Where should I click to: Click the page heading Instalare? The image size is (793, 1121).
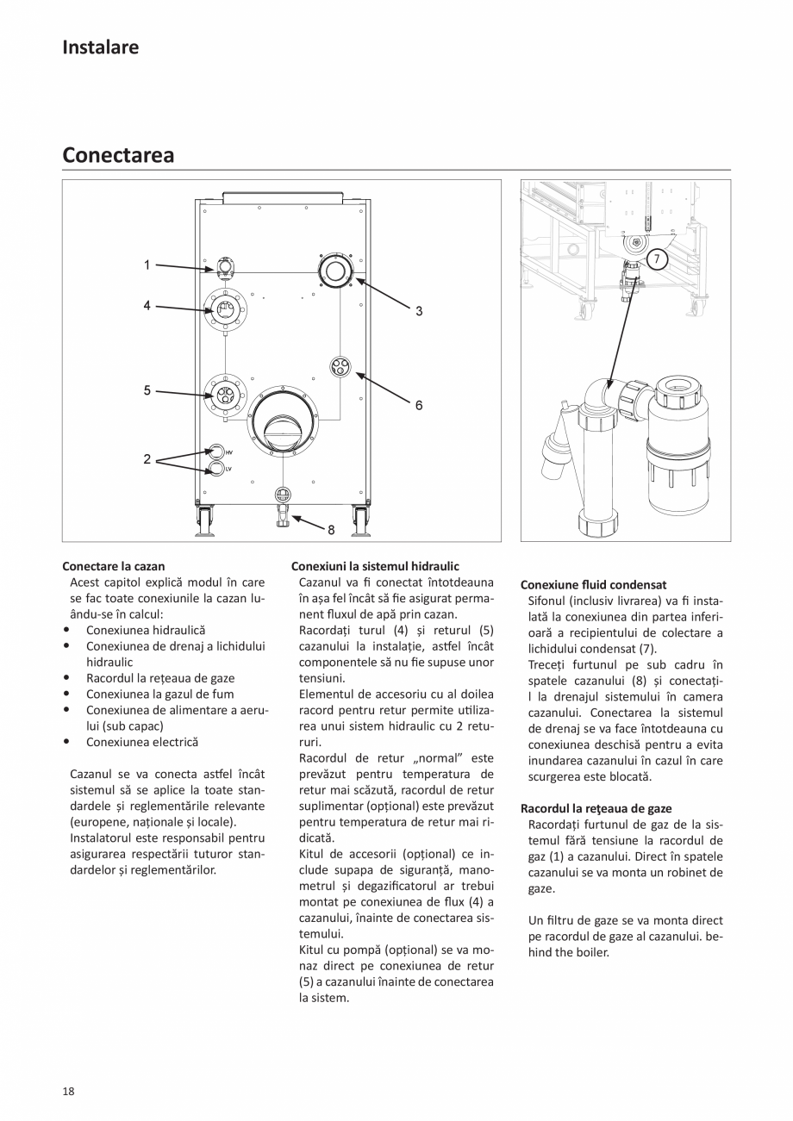[100, 47]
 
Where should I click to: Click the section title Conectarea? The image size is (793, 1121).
[118, 155]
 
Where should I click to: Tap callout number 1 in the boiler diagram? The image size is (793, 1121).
[147, 265]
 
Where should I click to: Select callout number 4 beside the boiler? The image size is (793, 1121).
[147, 305]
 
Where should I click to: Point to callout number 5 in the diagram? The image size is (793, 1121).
[147, 390]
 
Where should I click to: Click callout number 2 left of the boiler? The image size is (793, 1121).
[147, 460]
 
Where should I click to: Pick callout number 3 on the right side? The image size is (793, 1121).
[419, 311]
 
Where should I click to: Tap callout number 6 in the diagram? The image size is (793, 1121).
[419, 404]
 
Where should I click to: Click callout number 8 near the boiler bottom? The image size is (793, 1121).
[331, 530]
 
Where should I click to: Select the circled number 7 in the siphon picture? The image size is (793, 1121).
[656, 258]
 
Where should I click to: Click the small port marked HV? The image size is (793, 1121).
[217, 452]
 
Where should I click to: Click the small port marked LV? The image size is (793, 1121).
[217, 469]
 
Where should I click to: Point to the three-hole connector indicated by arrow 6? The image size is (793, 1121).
[341, 367]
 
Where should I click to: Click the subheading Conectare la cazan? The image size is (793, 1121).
[113, 566]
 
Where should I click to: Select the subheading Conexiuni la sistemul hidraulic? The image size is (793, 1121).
[375, 566]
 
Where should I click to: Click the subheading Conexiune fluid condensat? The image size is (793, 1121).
[593, 584]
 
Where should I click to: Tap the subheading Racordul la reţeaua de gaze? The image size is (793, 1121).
[596, 808]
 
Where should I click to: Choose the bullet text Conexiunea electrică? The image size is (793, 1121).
[142, 742]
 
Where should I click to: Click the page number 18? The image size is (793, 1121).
[68, 1091]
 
